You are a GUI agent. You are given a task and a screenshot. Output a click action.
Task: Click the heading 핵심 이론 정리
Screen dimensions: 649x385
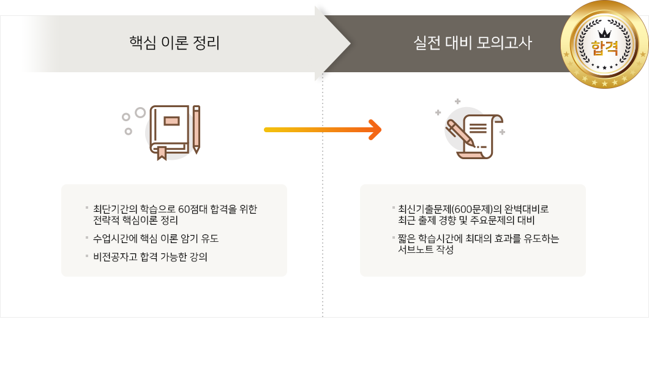(x=174, y=43)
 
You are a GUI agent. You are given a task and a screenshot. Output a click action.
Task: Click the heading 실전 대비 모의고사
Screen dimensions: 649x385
(x=473, y=43)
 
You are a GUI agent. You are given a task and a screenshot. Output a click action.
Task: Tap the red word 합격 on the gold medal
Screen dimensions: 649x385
(x=604, y=48)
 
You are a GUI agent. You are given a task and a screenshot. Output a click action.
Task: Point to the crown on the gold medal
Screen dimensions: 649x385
(x=605, y=33)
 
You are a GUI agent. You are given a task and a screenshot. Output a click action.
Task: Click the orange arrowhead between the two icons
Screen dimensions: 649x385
(x=375, y=130)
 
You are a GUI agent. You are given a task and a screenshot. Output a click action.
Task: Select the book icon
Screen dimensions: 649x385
(x=170, y=132)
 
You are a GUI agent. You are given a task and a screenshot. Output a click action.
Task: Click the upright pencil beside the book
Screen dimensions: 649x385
(x=196, y=130)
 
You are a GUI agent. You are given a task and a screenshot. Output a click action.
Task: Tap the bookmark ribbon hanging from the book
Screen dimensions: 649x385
(x=162, y=153)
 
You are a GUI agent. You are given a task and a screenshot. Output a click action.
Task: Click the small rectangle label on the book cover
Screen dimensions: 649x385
(x=171, y=121)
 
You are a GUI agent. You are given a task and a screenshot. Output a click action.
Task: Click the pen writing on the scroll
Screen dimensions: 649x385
(x=460, y=133)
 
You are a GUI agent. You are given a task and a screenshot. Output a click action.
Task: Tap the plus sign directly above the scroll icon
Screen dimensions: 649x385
(x=457, y=102)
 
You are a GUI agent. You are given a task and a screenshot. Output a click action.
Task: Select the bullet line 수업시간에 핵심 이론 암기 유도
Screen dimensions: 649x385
(x=156, y=239)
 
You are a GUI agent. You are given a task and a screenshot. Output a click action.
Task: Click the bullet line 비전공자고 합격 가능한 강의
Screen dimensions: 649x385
(x=150, y=256)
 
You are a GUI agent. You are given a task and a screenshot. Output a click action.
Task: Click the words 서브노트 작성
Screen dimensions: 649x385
(x=426, y=249)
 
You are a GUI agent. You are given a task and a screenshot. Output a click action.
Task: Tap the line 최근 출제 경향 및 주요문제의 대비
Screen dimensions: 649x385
(x=466, y=220)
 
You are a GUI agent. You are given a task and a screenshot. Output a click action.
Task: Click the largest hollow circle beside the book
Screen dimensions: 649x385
(x=140, y=113)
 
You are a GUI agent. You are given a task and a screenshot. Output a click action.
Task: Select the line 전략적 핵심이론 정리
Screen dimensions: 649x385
(x=135, y=220)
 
